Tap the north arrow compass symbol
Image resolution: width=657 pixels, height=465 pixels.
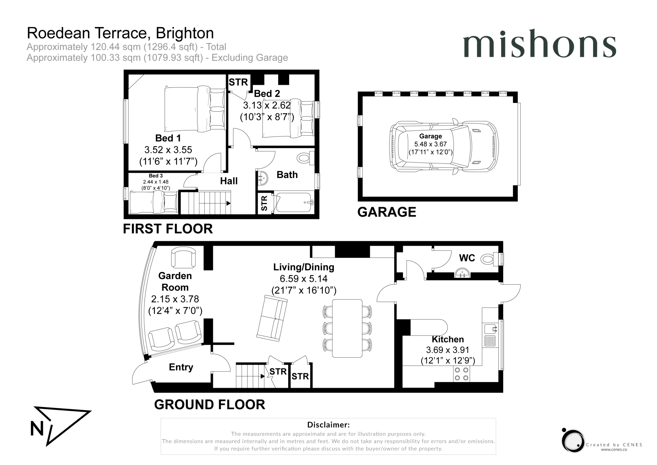(x=61, y=426)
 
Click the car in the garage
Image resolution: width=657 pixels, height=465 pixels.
(x=444, y=146)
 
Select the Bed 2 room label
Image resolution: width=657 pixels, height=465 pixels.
(x=267, y=94)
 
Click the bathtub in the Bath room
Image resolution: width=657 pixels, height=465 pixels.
(x=294, y=202)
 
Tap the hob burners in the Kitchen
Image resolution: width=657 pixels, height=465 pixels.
(x=461, y=374)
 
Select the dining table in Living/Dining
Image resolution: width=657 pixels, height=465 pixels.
(x=347, y=328)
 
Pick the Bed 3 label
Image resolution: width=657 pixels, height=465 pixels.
(x=156, y=176)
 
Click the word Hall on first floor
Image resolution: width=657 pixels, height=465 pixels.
(x=229, y=181)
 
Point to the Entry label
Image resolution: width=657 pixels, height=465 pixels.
(x=181, y=367)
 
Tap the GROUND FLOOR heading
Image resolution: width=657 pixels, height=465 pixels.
(x=209, y=404)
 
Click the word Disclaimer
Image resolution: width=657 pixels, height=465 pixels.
(x=328, y=424)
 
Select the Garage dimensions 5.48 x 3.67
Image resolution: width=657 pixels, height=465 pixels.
(x=430, y=144)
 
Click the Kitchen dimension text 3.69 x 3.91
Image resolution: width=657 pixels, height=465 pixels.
(x=448, y=350)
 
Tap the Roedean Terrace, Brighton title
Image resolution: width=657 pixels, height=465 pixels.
(x=120, y=33)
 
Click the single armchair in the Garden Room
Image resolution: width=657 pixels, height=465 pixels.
(x=183, y=258)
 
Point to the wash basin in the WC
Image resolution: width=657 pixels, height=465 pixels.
(x=462, y=273)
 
